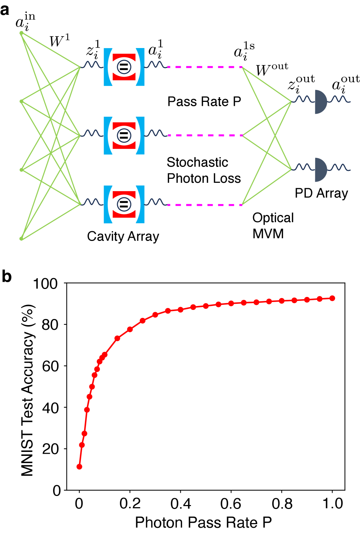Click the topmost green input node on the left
point(21,33)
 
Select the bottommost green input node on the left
point(21,238)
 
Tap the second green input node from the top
point(21,102)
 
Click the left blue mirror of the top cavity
point(107,67)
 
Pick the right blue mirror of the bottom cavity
point(141,204)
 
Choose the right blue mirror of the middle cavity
point(141,136)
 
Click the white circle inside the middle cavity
point(124,135)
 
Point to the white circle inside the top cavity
point(124,67)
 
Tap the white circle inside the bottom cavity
point(124,204)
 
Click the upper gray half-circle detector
point(320,102)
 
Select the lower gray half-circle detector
point(320,170)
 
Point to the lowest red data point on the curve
point(79,467)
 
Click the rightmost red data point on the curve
point(332,298)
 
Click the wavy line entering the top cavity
point(92,65)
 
